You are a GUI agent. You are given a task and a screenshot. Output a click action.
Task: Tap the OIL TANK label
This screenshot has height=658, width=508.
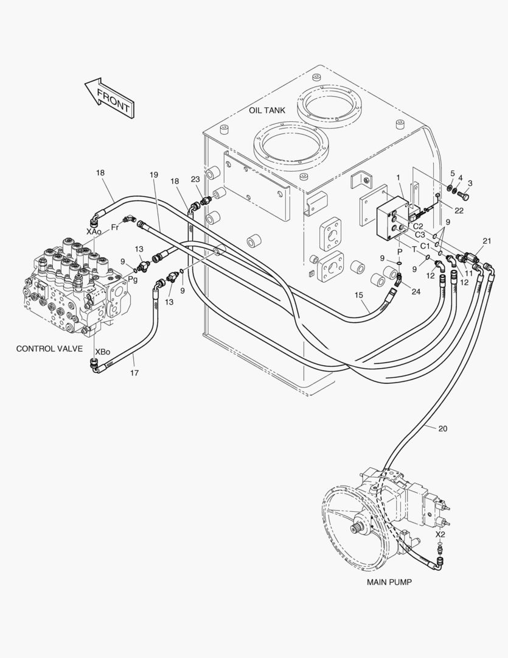pos(267,110)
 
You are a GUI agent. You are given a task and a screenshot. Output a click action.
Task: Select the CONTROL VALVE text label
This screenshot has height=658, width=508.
pos(49,349)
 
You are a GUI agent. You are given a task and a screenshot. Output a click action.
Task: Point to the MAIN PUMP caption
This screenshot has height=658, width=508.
pos(389,582)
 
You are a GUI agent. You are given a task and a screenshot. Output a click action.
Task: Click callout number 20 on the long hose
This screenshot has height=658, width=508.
pos(442,428)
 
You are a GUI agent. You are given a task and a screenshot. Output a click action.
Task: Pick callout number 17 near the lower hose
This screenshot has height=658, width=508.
pos(134,372)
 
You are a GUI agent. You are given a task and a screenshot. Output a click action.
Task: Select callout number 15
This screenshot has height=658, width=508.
pos(359,295)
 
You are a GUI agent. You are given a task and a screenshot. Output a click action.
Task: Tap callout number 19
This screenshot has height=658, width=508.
pos(153,175)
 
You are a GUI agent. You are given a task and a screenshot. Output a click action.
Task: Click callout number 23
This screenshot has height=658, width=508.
pos(195,179)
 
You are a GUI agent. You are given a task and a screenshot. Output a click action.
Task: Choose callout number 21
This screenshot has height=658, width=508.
pos(487,242)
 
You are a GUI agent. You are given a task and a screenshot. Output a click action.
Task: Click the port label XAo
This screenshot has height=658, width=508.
pos(93,232)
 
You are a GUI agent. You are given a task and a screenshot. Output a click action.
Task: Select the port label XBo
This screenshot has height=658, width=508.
pos(102,352)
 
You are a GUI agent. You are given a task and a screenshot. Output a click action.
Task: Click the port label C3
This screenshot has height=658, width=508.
pos(419,235)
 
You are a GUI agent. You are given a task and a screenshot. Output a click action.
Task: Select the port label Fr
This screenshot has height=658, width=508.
pos(114,227)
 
